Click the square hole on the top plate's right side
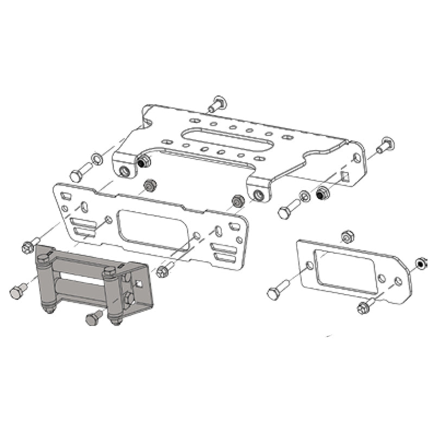coord(343,175)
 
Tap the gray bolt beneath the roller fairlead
coord(94,317)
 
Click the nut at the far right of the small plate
coord(421,264)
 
